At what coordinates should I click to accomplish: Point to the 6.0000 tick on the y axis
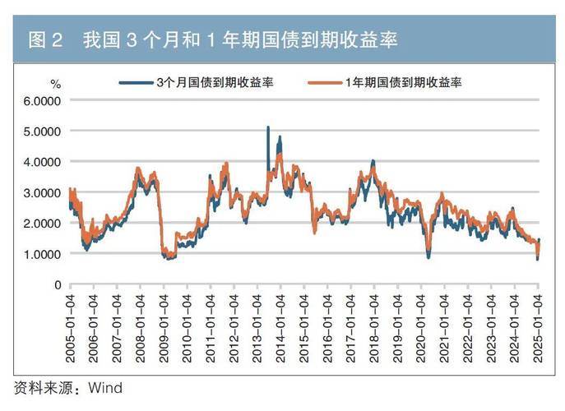point(43,100)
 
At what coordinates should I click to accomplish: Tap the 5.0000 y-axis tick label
point(43,131)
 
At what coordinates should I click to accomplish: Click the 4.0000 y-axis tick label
point(43,162)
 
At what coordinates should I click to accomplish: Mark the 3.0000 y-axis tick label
point(43,192)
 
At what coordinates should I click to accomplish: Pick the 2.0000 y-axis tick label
point(43,223)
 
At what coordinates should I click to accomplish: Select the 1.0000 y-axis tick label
point(43,254)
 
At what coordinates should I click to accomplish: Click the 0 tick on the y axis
point(58,284)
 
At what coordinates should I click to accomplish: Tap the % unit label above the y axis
point(56,84)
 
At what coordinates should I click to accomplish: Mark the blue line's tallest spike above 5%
point(268,128)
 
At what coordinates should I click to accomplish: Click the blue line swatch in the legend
point(137,83)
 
